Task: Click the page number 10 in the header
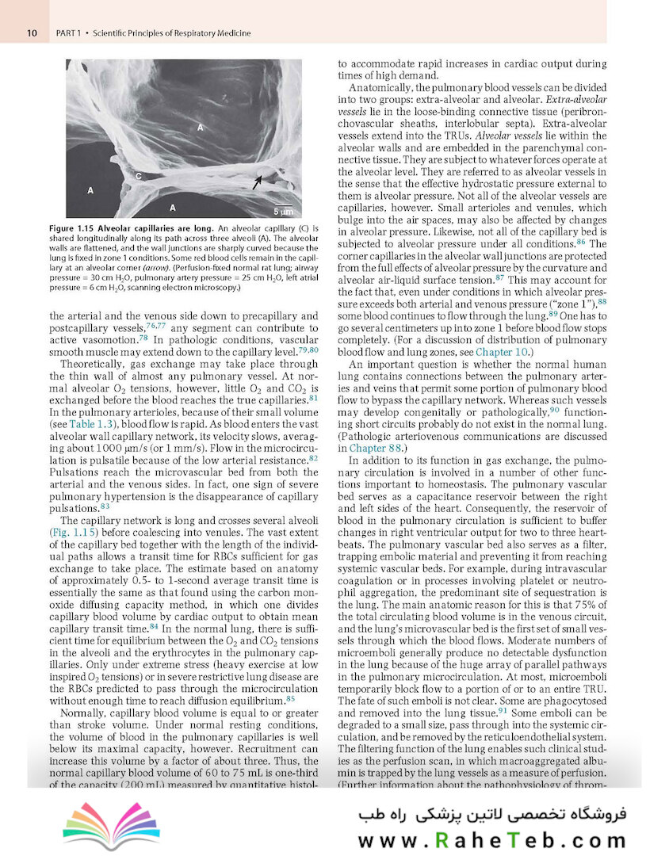(32, 33)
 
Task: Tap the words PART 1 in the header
(69, 33)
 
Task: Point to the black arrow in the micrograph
(258, 182)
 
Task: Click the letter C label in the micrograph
(138, 175)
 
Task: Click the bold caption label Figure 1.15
(92, 228)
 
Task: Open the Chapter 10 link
(495, 352)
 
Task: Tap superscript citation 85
(291, 697)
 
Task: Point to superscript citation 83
(105, 505)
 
